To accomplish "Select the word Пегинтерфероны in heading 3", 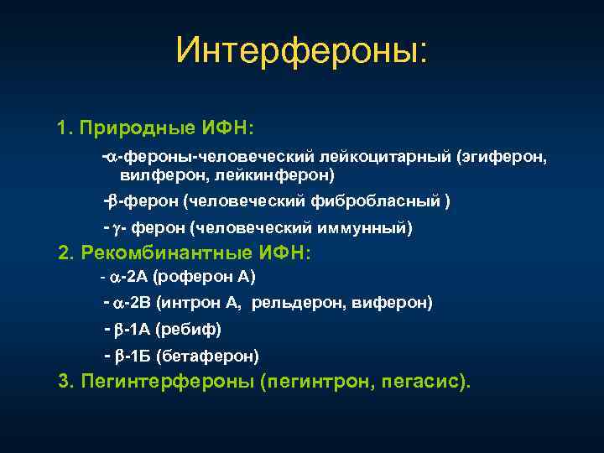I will pos(167,382).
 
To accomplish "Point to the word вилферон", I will pos(163,174).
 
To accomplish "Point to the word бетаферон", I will pos(210,357).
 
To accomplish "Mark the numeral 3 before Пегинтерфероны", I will pos(65,382).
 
